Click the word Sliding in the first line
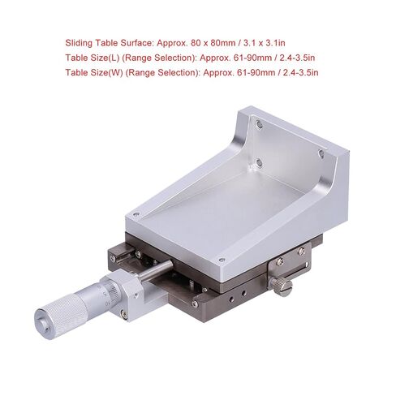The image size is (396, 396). click(79, 43)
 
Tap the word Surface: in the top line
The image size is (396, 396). click(137, 43)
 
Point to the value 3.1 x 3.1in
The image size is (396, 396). click(265, 43)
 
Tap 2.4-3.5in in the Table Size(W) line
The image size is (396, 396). click(300, 73)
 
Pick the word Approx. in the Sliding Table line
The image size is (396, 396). click(172, 43)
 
